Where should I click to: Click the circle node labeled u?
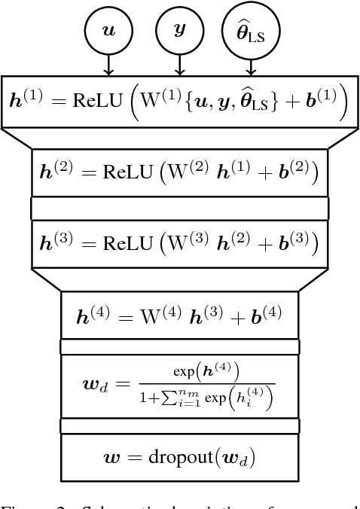pyautogui.click(x=108, y=31)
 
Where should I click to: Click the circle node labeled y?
pyautogui.click(x=179, y=31)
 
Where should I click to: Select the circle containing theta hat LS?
pyautogui.click(x=251, y=32)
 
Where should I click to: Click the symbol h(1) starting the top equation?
pyautogui.click(x=26, y=102)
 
